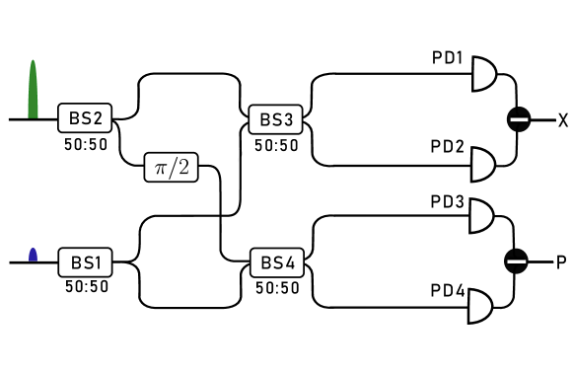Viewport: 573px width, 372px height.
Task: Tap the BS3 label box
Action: [276, 120]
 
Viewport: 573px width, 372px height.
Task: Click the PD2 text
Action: [447, 147]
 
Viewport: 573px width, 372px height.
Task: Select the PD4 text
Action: [447, 291]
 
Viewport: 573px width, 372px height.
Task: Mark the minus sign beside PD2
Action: [519, 120]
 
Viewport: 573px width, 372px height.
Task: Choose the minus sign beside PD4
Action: [516, 262]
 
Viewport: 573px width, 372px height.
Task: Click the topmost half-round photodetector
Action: [484, 72]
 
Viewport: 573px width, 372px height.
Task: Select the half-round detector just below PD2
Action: [482, 166]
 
